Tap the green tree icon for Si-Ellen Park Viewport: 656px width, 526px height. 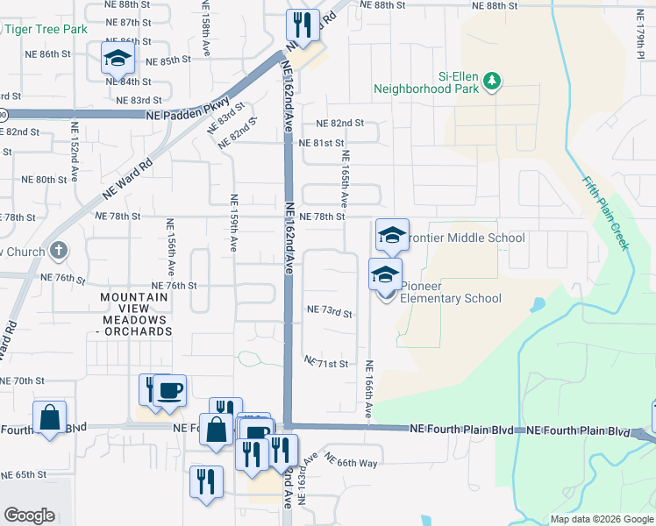pyautogui.click(x=492, y=81)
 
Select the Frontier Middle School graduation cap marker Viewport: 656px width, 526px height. pyautogui.click(x=392, y=235)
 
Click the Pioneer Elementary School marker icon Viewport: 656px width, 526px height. pyautogui.click(x=385, y=274)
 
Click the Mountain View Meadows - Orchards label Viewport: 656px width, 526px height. pyautogui.click(x=134, y=315)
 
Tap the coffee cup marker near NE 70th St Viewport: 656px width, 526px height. pyautogui.click(x=169, y=389)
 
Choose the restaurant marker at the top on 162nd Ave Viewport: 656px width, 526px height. pyautogui.click(x=303, y=25)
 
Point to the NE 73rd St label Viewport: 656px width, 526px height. pyautogui.click(x=329, y=312)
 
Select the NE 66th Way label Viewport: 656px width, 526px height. pyautogui.click(x=350, y=460)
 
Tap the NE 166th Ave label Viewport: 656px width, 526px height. pyautogui.click(x=369, y=388)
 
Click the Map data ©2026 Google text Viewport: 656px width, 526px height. pyautogui.click(x=601, y=519)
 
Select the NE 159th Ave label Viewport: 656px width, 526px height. pyautogui.click(x=233, y=224)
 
